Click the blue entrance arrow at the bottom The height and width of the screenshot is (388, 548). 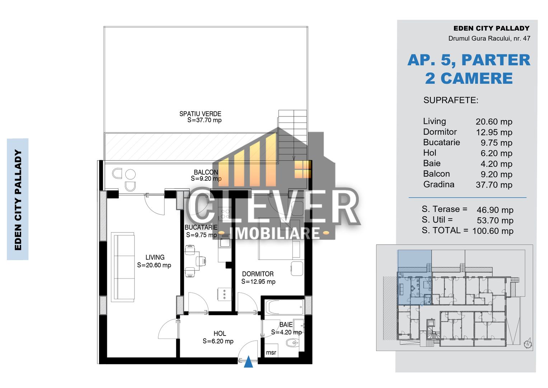248,362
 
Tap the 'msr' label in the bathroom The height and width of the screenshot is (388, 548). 271,352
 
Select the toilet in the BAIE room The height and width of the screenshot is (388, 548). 292,343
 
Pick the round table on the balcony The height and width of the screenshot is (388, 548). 130,175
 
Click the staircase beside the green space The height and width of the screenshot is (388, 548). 292,135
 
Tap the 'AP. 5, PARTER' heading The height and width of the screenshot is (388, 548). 469,60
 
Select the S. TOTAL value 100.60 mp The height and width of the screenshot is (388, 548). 493,231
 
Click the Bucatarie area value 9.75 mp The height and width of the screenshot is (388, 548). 496,143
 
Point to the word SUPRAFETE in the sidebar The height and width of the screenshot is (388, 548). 451,100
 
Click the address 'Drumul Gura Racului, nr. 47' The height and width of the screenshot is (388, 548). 489,38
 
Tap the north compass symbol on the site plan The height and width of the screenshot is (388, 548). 528,343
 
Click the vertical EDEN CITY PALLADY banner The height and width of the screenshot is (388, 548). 18,199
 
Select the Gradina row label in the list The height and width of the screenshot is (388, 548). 439,184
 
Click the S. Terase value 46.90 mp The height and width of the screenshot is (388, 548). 495,210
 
